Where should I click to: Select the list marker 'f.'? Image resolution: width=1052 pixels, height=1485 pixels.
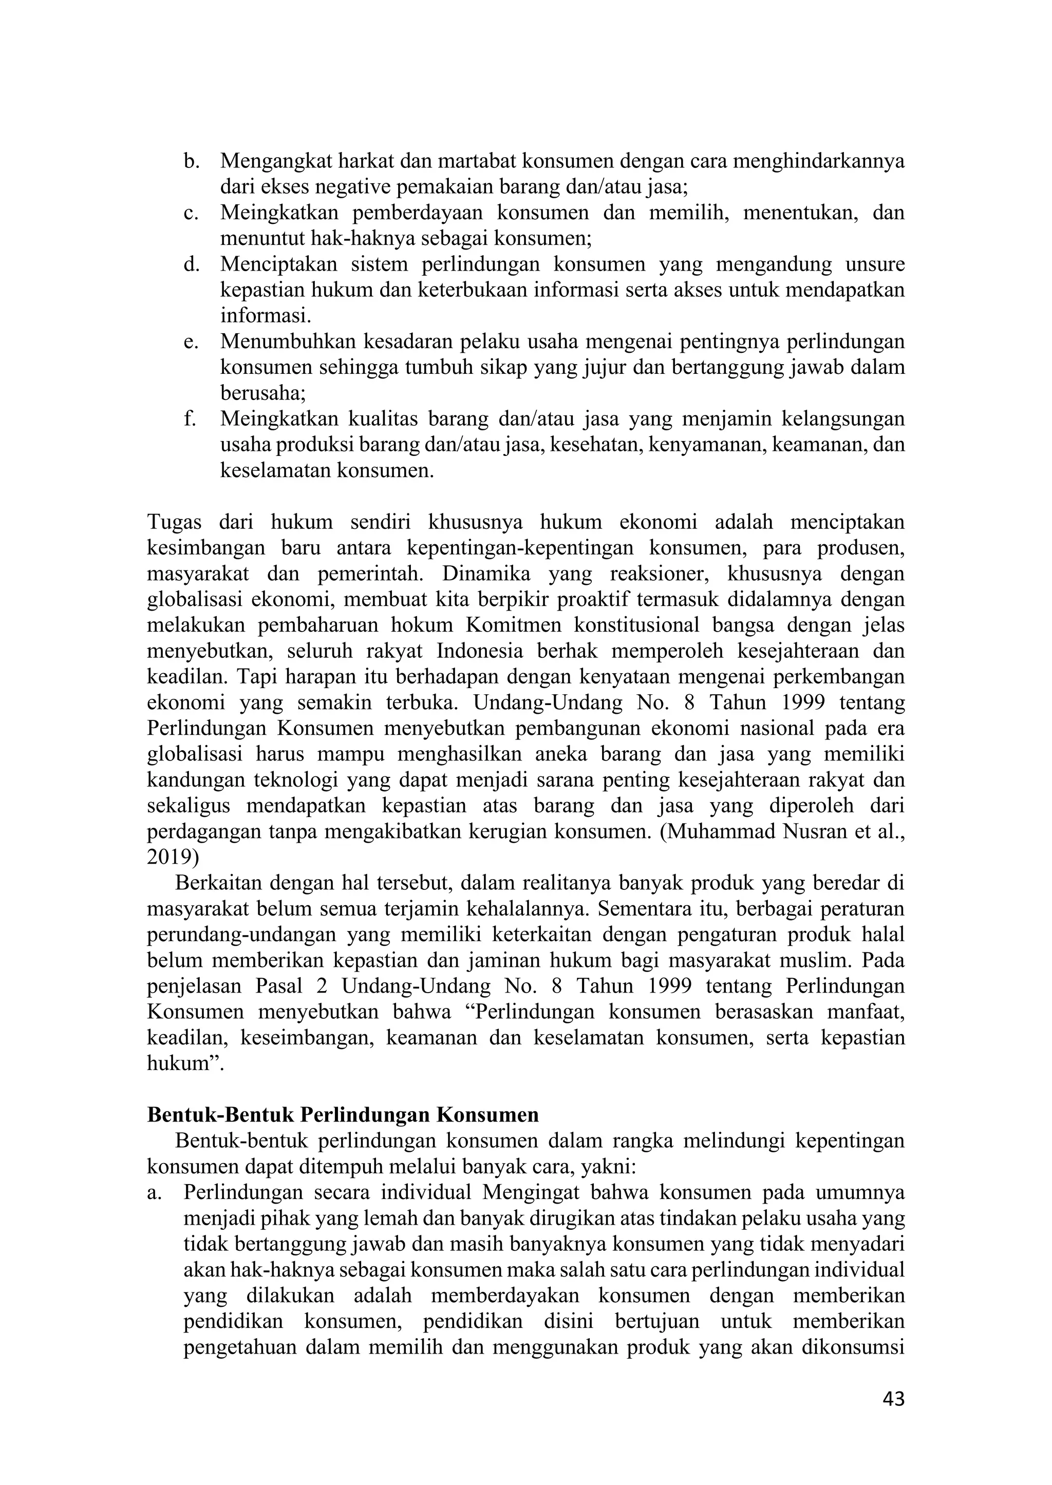pos(189,419)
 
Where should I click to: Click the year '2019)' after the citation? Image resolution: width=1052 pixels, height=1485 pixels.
pos(174,858)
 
